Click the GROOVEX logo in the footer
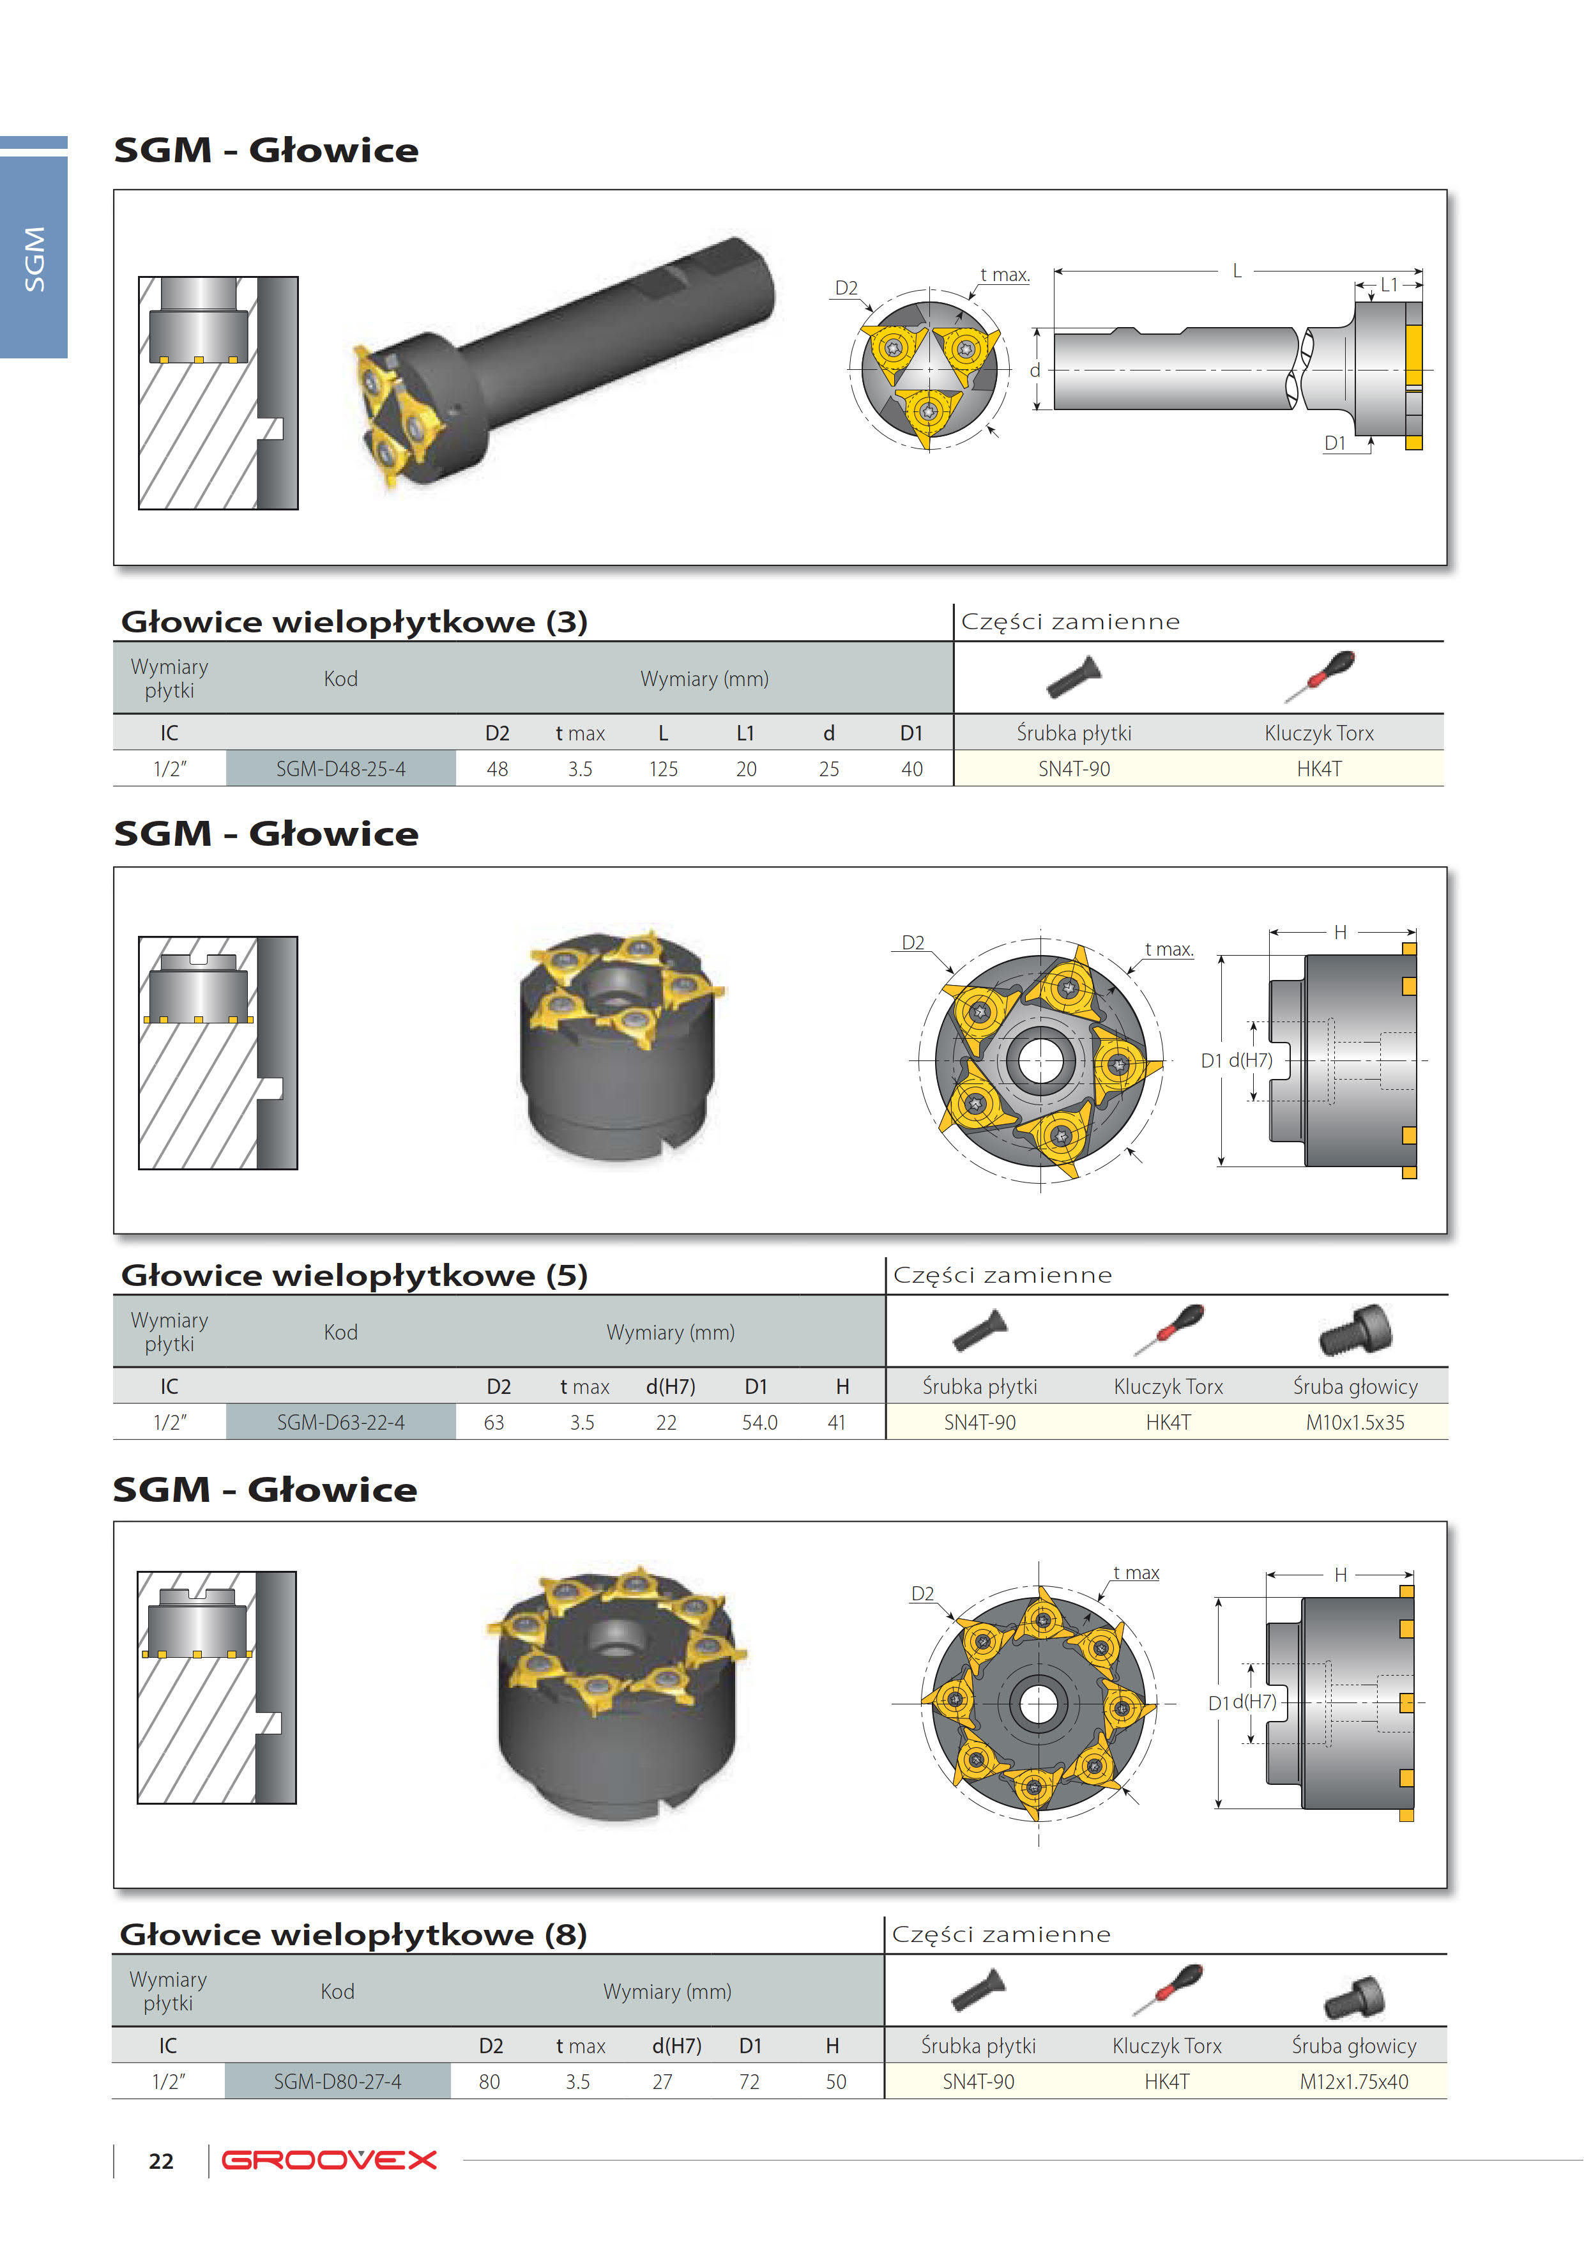click(x=329, y=2160)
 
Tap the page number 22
click(x=161, y=2161)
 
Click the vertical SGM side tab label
click(x=34, y=259)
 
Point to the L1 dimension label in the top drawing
click(x=1388, y=284)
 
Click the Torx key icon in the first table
click(x=1320, y=675)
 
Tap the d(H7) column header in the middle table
click(x=671, y=1386)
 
